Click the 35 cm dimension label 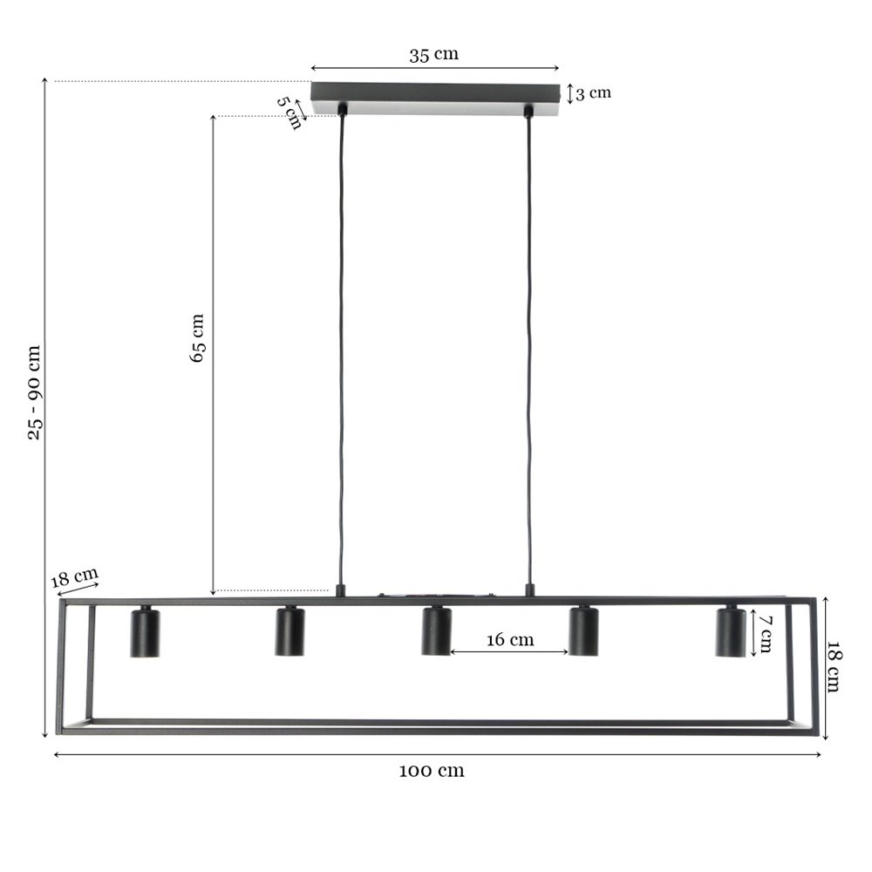pos(433,54)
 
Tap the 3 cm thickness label pos(593,93)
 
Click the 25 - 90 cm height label pos(35,392)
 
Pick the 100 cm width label pos(432,771)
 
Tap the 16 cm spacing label pos(510,639)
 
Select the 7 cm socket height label pos(766,634)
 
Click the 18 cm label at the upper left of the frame pos(74,576)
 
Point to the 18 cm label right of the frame pos(834,667)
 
